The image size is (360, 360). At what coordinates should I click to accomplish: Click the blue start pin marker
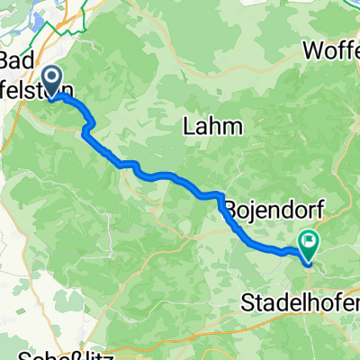pyautogui.click(x=52, y=83)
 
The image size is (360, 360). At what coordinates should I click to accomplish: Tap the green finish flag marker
pyautogui.click(x=310, y=241)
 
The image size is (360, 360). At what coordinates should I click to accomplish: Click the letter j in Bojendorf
pyautogui.click(x=256, y=207)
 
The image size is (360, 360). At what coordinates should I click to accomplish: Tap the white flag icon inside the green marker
pyautogui.click(x=310, y=239)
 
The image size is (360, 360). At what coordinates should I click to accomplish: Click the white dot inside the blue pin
pyautogui.click(x=52, y=79)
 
